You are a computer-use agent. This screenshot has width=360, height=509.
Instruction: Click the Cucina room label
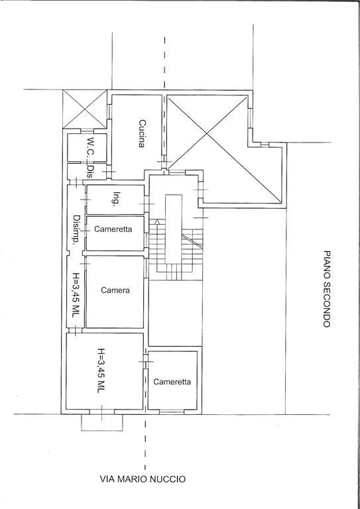[141, 134]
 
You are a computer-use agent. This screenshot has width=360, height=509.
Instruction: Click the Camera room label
[115, 290]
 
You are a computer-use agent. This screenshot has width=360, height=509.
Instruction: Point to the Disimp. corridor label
[77, 230]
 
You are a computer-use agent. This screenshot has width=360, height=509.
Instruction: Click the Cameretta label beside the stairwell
[113, 229]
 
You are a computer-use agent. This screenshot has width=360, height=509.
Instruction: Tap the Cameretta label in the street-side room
[172, 382]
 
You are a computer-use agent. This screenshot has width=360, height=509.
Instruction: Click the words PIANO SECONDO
[327, 288]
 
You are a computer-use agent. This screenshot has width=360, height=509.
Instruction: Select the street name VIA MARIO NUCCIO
[143, 479]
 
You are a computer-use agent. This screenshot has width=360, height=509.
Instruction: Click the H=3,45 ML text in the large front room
[101, 370]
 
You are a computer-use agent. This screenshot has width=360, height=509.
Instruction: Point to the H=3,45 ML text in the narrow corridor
[76, 295]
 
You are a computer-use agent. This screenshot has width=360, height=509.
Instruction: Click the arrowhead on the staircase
[157, 222]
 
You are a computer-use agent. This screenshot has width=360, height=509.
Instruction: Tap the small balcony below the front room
[102, 423]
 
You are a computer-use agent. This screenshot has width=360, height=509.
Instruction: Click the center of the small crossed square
[85, 109]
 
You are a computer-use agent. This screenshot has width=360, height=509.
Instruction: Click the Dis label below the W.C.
[90, 172]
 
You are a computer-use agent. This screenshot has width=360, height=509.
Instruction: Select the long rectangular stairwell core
[173, 229]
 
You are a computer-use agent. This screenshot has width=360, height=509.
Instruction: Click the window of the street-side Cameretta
[171, 412]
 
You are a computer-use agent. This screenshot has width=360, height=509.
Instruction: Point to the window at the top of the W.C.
[87, 131]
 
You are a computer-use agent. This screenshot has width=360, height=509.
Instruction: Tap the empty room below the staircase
[175, 313]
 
